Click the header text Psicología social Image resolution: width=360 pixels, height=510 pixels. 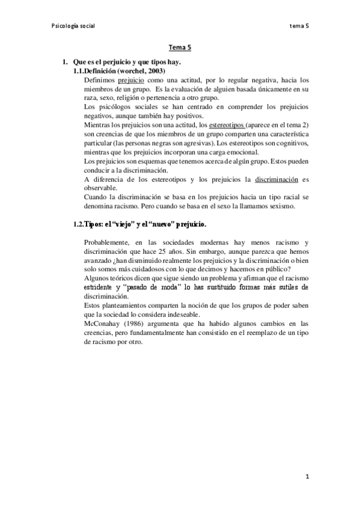[73, 26]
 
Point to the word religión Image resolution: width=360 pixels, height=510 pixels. [135, 97]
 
